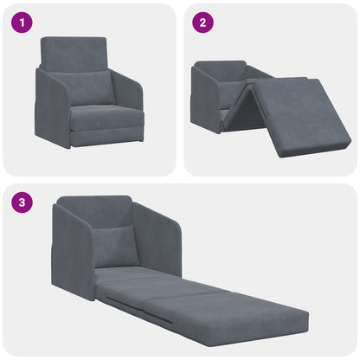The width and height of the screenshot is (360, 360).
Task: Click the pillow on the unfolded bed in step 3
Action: [x=115, y=247]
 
